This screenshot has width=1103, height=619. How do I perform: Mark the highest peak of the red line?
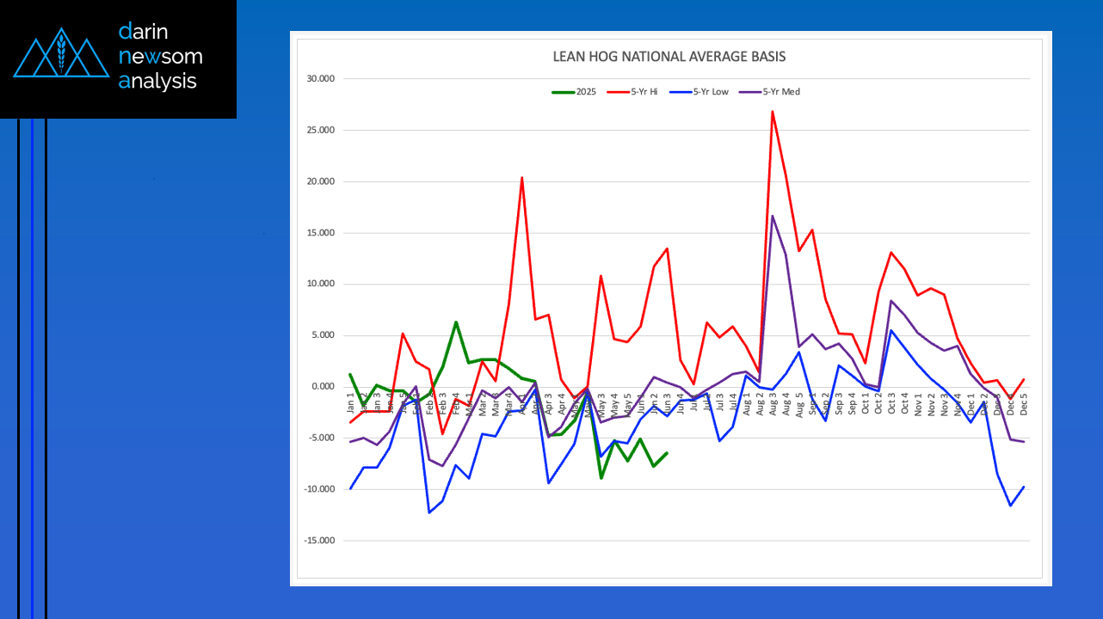(x=773, y=111)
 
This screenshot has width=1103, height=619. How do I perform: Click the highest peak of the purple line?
(x=773, y=216)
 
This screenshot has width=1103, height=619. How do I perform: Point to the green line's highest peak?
(x=456, y=322)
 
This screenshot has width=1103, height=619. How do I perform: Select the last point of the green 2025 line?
(x=667, y=453)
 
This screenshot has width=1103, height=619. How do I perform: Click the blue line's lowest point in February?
(x=429, y=512)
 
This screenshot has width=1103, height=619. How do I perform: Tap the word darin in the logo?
(x=144, y=32)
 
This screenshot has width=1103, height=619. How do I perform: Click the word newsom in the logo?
(x=161, y=57)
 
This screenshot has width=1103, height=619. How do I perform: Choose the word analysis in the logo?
(x=158, y=82)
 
